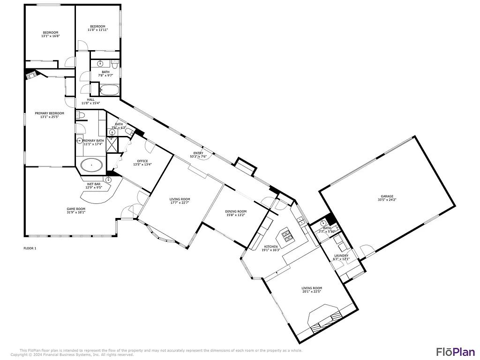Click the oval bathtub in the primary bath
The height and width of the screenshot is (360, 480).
91,165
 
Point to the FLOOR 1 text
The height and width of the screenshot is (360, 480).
30,248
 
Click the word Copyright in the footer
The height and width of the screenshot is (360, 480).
19,355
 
